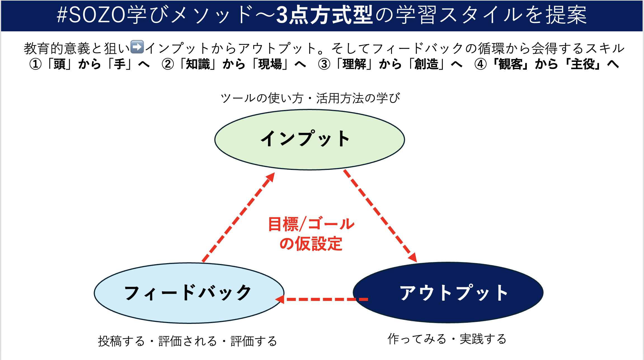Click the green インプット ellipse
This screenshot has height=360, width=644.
click(309, 139)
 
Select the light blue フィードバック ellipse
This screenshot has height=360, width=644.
click(189, 293)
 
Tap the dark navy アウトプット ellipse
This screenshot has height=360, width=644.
click(448, 292)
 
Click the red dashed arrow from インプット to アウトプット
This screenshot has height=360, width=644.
click(380, 216)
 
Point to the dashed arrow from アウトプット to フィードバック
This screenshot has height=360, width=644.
click(321, 299)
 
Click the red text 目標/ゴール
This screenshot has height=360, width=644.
click(311, 224)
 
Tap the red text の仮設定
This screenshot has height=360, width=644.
click(311, 244)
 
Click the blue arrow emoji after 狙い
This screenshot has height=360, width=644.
click(137, 47)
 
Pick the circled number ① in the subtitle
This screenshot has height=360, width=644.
click(36, 64)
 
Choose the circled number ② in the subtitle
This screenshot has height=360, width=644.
click(168, 64)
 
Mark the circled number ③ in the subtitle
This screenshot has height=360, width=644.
click(324, 64)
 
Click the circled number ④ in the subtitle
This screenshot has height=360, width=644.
click(480, 64)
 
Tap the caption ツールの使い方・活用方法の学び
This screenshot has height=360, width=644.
click(310, 98)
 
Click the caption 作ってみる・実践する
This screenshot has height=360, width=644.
click(447, 339)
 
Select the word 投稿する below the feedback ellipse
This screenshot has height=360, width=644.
click(121, 341)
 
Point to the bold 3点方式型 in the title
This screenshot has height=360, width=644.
click(325, 15)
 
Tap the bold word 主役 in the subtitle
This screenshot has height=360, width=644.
click(583, 64)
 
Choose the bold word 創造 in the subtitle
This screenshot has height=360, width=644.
click(426, 64)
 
